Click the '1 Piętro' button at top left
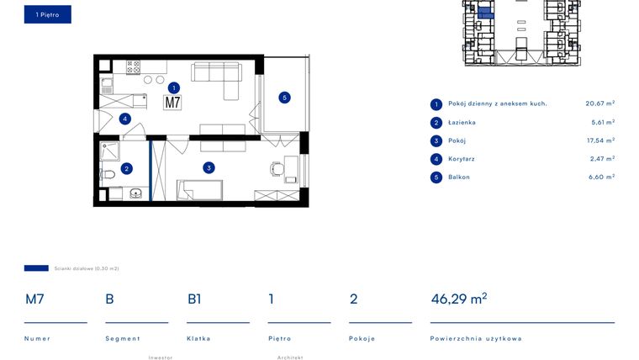(x=47, y=14)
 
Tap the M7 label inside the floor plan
(x=172, y=103)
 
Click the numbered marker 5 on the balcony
(x=284, y=98)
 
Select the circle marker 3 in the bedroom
(x=209, y=167)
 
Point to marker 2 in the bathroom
(x=126, y=168)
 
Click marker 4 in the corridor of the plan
(x=124, y=119)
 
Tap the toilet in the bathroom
(x=107, y=175)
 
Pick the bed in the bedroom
(x=199, y=189)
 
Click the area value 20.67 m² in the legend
(x=599, y=103)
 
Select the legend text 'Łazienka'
(x=462, y=122)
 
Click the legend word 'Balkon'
(x=459, y=177)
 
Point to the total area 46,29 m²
(x=458, y=299)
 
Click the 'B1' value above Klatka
(x=194, y=299)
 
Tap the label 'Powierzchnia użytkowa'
(x=475, y=338)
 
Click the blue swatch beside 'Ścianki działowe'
(x=36, y=268)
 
